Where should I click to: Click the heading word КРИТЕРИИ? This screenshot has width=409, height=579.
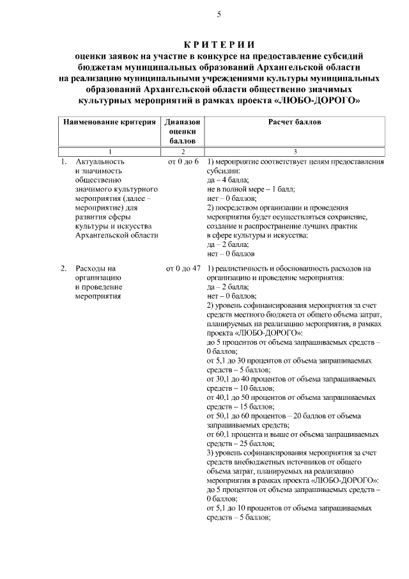[219, 44]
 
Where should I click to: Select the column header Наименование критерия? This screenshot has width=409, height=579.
[109, 121]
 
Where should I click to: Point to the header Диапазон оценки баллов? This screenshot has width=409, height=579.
[182, 131]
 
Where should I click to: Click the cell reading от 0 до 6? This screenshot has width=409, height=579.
[183, 162]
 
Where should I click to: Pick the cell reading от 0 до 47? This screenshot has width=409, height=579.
[183, 268]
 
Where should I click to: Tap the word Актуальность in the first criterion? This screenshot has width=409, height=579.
[101, 162]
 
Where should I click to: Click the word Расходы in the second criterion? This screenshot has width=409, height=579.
[89, 268]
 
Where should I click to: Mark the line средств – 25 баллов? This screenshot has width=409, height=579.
[240, 443]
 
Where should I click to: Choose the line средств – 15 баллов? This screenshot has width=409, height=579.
[240, 406]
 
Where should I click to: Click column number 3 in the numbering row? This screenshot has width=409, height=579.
[295, 151]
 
